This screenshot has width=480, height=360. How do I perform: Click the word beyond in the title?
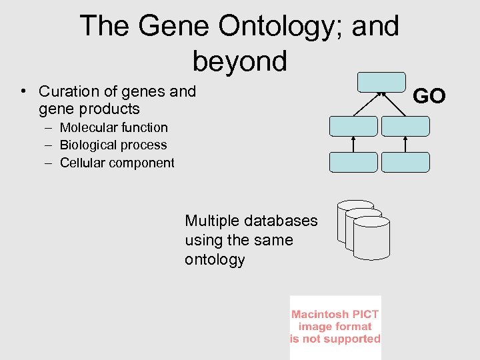pos(240,61)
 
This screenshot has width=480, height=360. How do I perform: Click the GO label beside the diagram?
pos(429,97)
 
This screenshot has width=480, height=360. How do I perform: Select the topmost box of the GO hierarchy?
pos(381,81)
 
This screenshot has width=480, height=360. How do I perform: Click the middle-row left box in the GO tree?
pos(353,126)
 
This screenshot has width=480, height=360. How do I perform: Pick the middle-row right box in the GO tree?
pos(405,126)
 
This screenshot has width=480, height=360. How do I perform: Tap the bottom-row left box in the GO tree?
pos(353,162)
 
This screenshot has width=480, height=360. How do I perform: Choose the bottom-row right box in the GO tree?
pos(405,162)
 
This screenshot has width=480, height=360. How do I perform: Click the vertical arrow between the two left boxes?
pos(353,144)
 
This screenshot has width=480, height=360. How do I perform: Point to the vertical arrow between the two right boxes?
pos(405,144)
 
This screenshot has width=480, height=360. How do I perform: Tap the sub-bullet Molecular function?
pos(113,127)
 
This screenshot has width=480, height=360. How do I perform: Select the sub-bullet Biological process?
pos(113,145)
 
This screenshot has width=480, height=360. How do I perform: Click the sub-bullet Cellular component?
pos(117,163)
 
